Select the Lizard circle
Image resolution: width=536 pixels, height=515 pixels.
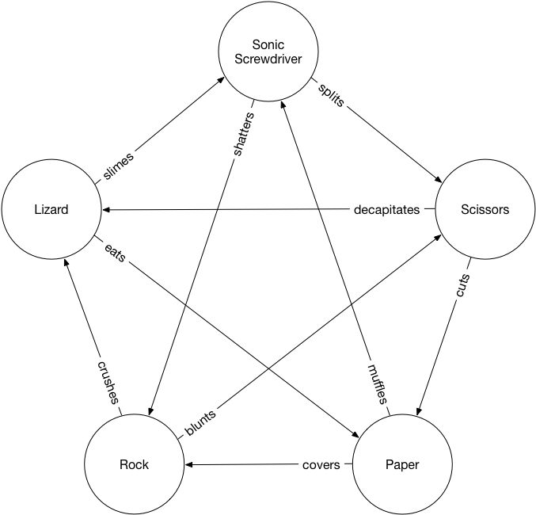(51, 210)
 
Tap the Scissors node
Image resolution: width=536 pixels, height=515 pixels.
(485, 210)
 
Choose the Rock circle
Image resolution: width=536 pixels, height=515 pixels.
(134, 464)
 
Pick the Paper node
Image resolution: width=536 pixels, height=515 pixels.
(401, 464)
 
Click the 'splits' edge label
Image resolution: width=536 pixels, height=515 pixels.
(331, 94)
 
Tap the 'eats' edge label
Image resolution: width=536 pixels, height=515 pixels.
(116, 254)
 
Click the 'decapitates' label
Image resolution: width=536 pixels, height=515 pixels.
(386, 210)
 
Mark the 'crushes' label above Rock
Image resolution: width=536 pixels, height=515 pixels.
(108, 382)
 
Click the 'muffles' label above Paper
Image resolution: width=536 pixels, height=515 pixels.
(373, 383)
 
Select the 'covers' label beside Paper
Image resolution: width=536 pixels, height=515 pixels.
(321, 464)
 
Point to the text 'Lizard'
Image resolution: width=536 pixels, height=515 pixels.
(51, 210)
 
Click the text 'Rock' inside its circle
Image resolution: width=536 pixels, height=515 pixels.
(134, 464)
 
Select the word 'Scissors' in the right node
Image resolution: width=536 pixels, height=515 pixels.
(485, 210)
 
